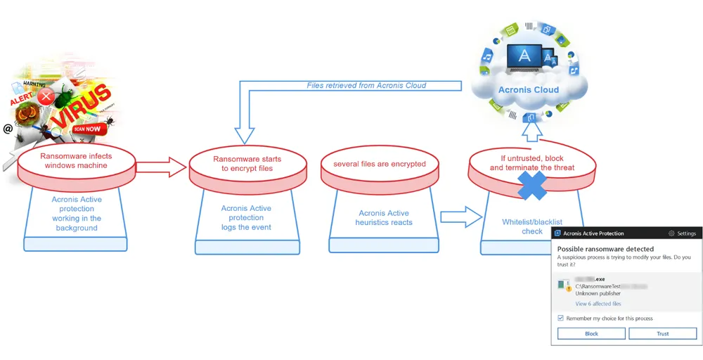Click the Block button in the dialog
click(x=591, y=333)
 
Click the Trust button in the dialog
click(x=662, y=333)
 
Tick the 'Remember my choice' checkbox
click(x=560, y=318)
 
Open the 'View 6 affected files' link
click(x=598, y=304)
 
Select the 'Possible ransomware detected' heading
click(x=605, y=249)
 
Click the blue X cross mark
click(x=532, y=188)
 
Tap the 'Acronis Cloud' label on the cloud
click(x=528, y=90)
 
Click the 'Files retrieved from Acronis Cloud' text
click(x=366, y=85)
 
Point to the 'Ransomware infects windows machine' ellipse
click(x=75, y=161)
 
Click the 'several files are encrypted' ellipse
click(x=379, y=165)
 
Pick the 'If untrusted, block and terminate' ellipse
click(x=531, y=163)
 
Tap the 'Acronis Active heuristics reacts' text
click(x=383, y=217)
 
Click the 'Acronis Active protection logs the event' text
click(x=246, y=217)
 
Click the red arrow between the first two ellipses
click(x=161, y=167)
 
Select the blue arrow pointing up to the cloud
click(x=531, y=129)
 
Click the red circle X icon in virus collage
click(x=46, y=98)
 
